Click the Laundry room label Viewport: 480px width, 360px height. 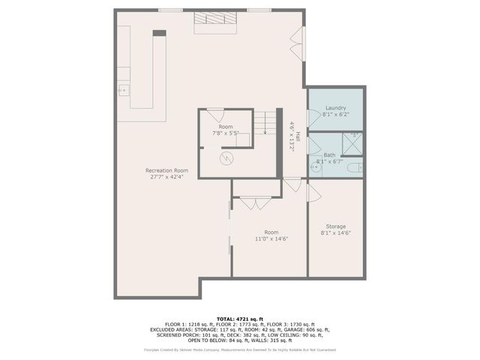point(335,108)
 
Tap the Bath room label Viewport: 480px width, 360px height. point(329,154)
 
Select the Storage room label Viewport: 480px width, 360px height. point(335,226)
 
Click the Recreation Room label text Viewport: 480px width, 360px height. point(166,171)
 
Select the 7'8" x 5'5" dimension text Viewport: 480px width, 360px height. point(226,133)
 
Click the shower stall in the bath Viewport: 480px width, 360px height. point(352,142)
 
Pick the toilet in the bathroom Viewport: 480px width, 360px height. point(358,168)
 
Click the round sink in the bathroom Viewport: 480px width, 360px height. point(316,167)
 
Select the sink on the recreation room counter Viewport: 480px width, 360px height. point(122,91)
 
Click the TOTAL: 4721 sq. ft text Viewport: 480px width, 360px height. point(239,319)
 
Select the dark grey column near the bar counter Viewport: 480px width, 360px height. point(159,33)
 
